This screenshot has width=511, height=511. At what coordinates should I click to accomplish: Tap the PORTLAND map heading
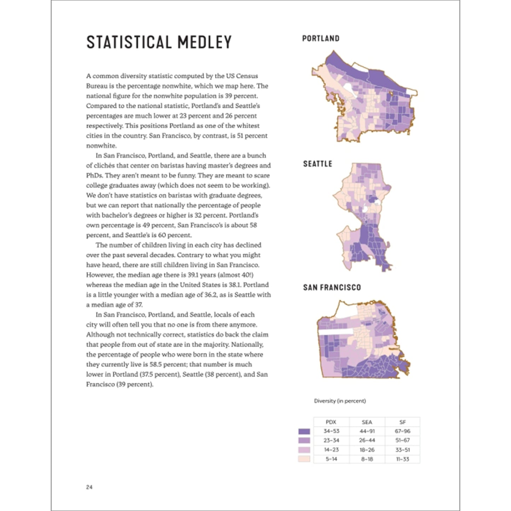(320, 39)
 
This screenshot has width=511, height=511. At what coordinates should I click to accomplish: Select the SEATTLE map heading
(317, 164)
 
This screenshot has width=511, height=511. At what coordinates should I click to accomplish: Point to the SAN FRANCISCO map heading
(332, 287)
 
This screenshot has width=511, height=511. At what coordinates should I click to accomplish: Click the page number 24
(89, 487)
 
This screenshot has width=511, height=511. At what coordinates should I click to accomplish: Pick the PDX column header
(331, 422)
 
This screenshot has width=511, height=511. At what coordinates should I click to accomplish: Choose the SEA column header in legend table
(367, 422)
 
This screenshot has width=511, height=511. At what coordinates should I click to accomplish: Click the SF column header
(402, 422)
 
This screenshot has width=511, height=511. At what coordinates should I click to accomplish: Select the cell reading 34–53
(331, 431)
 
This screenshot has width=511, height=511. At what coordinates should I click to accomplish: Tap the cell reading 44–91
(367, 431)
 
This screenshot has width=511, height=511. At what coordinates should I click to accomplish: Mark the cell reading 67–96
(402, 431)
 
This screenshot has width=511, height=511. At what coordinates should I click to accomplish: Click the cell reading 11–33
(402, 459)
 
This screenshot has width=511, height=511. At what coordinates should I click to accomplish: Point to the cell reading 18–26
(367, 450)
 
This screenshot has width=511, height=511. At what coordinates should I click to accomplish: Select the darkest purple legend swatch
(304, 431)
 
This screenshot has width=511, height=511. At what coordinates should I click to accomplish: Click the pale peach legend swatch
(304, 459)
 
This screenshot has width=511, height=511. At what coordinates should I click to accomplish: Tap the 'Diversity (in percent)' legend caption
(340, 401)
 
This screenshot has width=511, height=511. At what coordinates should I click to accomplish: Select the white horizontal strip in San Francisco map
(336, 331)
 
